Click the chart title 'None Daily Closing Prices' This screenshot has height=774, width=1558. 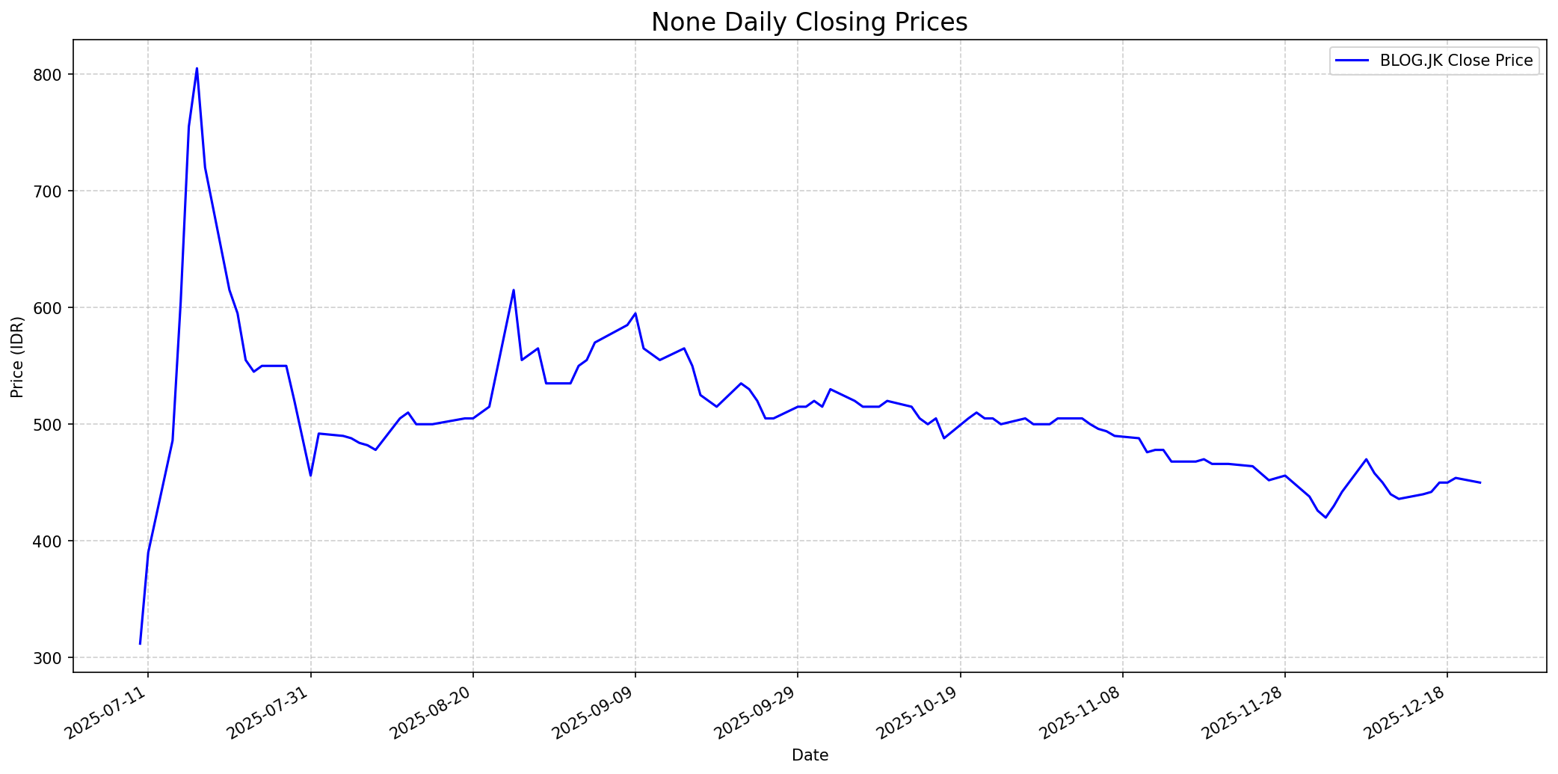coord(809,22)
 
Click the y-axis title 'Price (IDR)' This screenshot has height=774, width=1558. coord(17,357)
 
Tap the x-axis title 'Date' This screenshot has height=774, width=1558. coord(810,756)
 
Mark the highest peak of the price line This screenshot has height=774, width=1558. coord(197,69)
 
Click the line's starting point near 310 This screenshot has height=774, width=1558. coord(140,644)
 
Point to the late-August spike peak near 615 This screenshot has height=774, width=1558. coord(514,290)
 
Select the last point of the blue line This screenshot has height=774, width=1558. coord(1480,483)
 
